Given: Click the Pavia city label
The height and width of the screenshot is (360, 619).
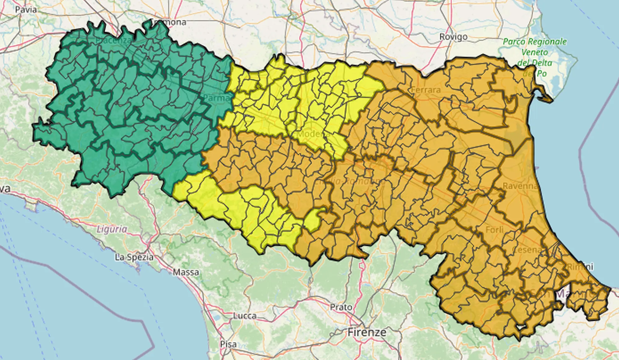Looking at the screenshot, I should coord(26,10).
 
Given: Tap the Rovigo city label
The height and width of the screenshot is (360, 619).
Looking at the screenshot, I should coord(453,37).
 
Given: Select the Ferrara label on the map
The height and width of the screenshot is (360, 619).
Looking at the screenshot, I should coord(426,90).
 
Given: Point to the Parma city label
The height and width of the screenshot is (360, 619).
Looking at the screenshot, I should coord(216,98).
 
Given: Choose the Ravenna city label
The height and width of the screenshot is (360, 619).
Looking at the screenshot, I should coord(520,186).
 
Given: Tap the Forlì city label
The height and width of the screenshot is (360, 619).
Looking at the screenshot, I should coord(494,230).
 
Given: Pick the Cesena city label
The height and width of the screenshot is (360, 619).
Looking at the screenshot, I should coord(526,249).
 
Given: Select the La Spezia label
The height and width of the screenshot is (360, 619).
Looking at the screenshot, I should coord(134,257).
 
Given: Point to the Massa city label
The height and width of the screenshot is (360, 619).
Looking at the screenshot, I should coord(186,272).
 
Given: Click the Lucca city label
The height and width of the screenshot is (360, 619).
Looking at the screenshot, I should coord(245,316).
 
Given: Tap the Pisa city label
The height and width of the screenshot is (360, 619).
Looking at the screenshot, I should coord(228,344).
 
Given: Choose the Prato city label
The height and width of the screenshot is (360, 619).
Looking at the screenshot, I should coord(341,307).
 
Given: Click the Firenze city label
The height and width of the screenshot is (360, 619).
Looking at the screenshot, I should coord(367,332).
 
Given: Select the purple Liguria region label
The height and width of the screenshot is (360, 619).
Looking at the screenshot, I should coord(112,229).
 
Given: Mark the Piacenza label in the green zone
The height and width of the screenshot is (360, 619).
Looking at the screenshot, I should coord(113,41).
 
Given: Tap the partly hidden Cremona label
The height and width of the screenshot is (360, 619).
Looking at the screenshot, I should coord(169,22).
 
